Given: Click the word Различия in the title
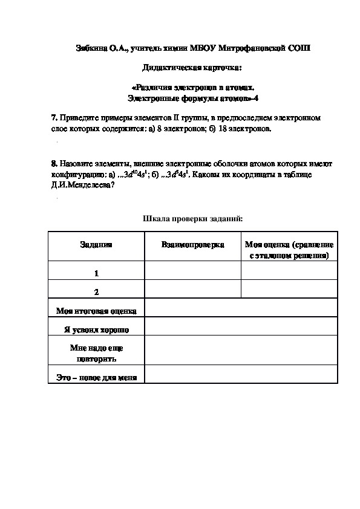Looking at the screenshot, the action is pyautogui.click(x=159, y=87).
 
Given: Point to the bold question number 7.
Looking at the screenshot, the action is pyautogui.click(x=54, y=118).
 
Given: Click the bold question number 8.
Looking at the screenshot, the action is pyautogui.click(x=54, y=164).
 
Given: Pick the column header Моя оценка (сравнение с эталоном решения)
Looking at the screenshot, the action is pyautogui.click(x=289, y=250).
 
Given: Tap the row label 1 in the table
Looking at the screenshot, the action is pyautogui.click(x=96, y=273).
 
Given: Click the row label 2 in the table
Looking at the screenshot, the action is pyautogui.click(x=96, y=292).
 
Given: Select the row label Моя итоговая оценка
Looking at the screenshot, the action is pyautogui.click(x=96, y=311).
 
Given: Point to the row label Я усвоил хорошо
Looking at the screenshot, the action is pyautogui.click(x=96, y=329).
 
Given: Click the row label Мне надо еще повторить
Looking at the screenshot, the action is pyautogui.click(x=96, y=354).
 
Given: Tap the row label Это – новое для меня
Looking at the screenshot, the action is pyautogui.click(x=96, y=378).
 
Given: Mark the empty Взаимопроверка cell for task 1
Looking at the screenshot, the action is pyautogui.click(x=192, y=270).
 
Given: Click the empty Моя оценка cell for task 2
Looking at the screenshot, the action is pyautogui.click(x=289, y=289).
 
